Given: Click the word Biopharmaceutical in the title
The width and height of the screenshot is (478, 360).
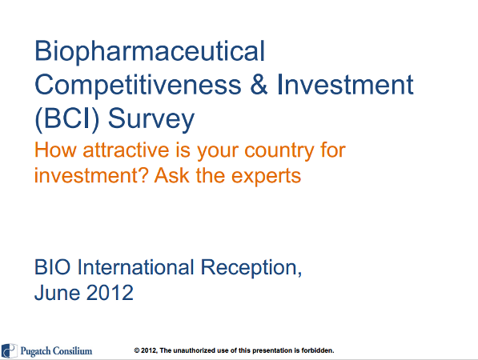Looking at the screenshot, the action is tap(150, 52).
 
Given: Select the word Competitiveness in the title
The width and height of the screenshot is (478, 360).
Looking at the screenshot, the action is tap(138, 86).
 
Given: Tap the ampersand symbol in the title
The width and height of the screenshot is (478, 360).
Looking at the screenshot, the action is tap(259, 84).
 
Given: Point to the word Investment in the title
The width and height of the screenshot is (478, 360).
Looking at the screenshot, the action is tap(345, 84).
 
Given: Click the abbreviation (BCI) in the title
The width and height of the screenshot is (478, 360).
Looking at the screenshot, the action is tap(67, 119).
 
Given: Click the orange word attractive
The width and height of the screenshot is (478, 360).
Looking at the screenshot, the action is tap(126, 150).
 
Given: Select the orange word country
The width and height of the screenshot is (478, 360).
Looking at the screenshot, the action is tap(279, 151).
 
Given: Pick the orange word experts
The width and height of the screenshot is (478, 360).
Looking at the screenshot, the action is tap(266, 177).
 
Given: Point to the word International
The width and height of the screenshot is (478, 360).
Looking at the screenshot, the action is tap(135, 267).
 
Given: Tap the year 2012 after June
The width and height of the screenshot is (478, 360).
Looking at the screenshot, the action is tap(110, 293).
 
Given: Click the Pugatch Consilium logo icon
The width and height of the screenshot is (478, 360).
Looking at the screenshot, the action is tap(9, 351).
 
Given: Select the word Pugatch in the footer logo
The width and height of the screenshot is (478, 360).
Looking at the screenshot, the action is tap(35, 351).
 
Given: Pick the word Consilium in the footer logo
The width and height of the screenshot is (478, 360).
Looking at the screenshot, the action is tap(72, 350).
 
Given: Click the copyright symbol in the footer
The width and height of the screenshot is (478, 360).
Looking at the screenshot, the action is tap(137, 350).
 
